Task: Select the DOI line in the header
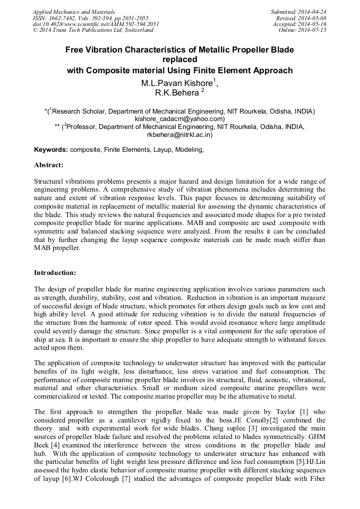coord(96,24)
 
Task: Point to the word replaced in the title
coord(179,59)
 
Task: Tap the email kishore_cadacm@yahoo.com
coord(179,119)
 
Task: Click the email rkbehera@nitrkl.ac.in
coord(179,135)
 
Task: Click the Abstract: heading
coord(49,165)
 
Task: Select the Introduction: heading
coord(55,273)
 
